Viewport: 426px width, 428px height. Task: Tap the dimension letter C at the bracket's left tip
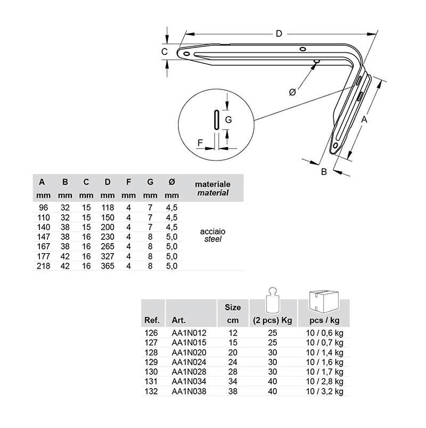(165, 52)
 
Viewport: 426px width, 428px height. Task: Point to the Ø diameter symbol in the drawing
(292, 92)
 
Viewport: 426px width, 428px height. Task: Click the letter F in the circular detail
(200, 142)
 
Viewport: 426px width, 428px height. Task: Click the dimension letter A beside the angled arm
(365, 120)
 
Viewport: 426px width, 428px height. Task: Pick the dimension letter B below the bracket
(323, 172)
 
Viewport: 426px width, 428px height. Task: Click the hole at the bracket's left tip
(185, 53)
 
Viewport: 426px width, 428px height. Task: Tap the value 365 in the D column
(108, 265)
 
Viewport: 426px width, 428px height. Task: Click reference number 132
(151, 391)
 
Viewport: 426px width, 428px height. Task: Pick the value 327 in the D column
(108, 256)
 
